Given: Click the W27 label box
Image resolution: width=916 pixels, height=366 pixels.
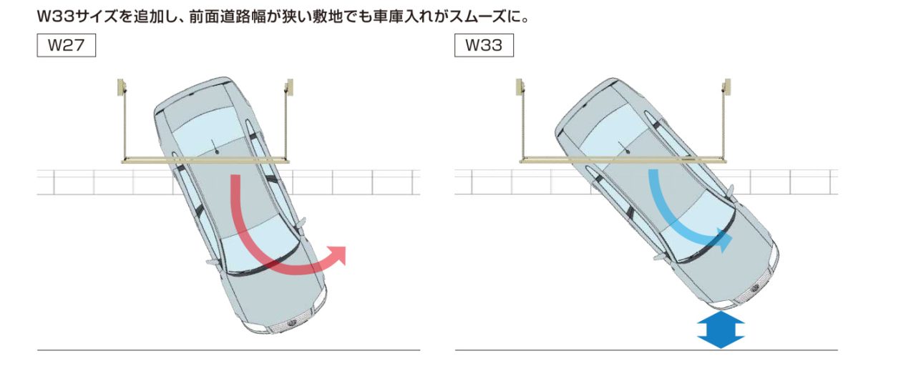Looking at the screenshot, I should click(x=66, y=46).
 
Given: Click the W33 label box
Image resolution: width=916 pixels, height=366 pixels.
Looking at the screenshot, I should click(x=483, y=46).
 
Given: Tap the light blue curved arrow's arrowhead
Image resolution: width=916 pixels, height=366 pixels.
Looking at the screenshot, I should click(x=724, y=242).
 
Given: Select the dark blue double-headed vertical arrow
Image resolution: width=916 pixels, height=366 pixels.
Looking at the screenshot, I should click(x=721, y=330).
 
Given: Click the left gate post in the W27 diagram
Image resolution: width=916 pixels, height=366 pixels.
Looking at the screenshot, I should click(x=122, y=89).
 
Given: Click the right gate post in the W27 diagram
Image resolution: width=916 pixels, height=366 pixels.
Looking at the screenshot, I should click(x=288, y=89).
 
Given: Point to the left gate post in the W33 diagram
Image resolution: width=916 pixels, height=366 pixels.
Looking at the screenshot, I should click(x=521, y=89).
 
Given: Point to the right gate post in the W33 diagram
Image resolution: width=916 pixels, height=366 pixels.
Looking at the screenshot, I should click(x=726, y=89).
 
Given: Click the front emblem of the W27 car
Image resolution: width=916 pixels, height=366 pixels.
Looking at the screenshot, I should click(x=291, y=325).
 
